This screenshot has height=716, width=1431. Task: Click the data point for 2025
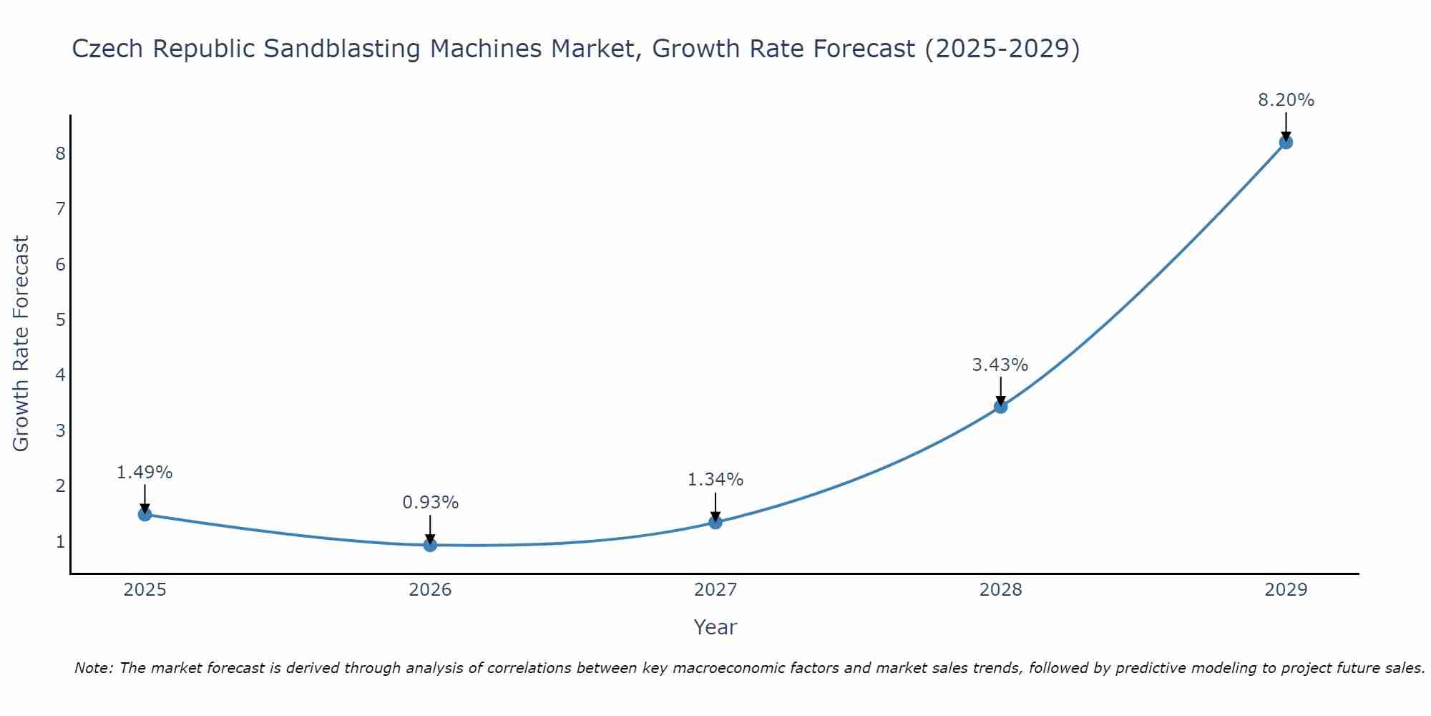[x=145, y=514]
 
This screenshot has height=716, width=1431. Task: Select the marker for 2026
[x=430, y=545]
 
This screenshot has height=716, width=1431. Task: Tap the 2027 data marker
[x=715, y=522]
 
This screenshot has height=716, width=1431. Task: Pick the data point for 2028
[x=1000, y=407]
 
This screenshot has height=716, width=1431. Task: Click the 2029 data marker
[x=1286, y=142]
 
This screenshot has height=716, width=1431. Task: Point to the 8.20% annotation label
[x=1286, y=100]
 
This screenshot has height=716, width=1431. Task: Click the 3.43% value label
[x=1000, y=365]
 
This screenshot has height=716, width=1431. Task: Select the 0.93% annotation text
[x=430, y=503]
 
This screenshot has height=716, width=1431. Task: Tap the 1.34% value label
[x=715, y=480]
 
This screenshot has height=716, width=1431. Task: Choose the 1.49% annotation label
[x=145, y=473]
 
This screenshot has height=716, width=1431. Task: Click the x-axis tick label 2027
[x=715, y=590]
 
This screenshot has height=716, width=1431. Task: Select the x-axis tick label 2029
[x=1286, y=590]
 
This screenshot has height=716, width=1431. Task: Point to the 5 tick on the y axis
[x=60, y=319]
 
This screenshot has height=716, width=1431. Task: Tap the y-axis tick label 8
[x=60, y=153]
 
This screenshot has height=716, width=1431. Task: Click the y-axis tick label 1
[x=60, y=541]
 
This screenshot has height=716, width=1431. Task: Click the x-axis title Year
[x=715, y=627]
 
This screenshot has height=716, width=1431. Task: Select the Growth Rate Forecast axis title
[x=21, y=344]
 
